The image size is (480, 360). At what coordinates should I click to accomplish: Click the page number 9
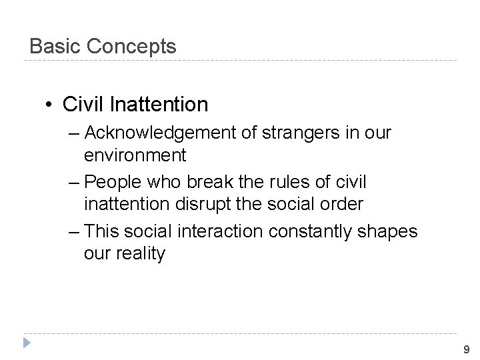coord(466,349)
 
